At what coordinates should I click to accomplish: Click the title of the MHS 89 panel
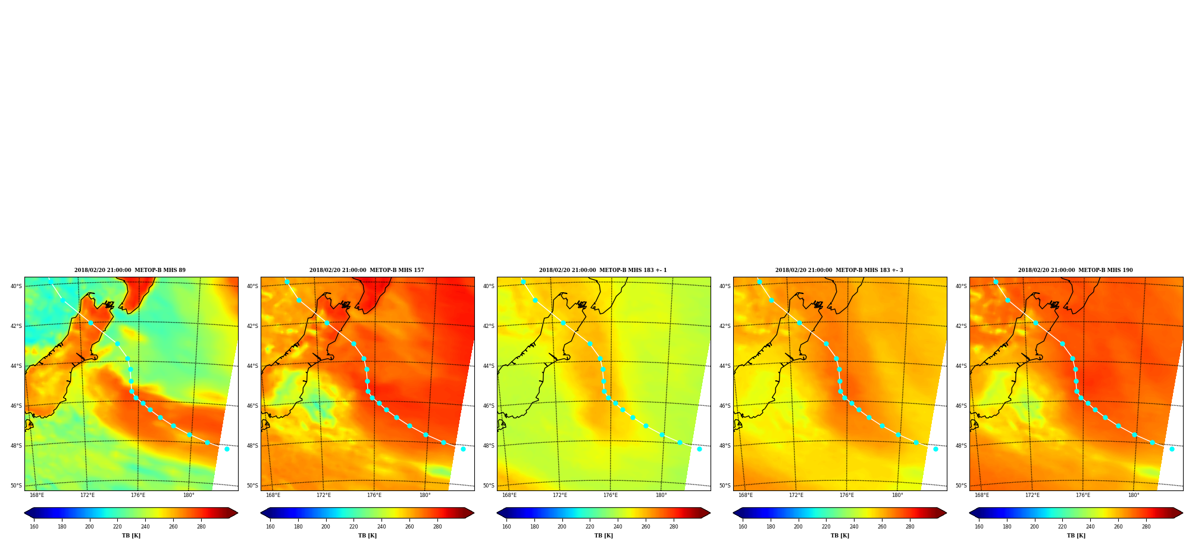pyautogui.click(x=130, y=270)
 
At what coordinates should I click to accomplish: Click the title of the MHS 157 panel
pyautogui.click(x=367, y=270)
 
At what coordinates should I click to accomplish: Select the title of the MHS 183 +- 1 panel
pyautogui.click(x=603, y=270)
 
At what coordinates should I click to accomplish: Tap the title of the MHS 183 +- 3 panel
pyautogui.click(x=839, y=270)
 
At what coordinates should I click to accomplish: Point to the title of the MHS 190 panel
pyautogui.click(x=1075, y=270)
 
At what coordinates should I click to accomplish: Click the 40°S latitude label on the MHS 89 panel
pyautogui.click(x=16, y=286)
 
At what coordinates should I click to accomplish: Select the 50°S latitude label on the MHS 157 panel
pyautogui.click(x=252, y=486)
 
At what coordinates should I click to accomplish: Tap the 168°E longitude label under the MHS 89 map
pyautogui.click(x=37, y=495)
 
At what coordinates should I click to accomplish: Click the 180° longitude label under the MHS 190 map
pyautogui.click(x=1134, y=495)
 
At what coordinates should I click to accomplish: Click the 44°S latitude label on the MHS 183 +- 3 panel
pyautogui.click(x=725, y=366)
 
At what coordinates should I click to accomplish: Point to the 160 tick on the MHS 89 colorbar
pyautogui.click(x=34, y=527)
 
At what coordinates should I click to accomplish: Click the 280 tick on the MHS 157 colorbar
pyautogui.click(x=437, y=527)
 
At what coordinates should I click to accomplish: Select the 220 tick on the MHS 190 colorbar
pyautogui.click(x=1062, y=527)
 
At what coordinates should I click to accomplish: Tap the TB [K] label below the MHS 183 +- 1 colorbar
pyautogui.click(x=603, y=536)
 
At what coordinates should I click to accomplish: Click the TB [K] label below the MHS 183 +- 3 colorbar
pyautogui.click(x=840, y=536)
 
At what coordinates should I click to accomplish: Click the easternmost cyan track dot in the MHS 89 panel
pyautogui.click(x=227, y=449)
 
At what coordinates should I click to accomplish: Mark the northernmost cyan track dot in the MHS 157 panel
pyautogui.click(x=287, y=282)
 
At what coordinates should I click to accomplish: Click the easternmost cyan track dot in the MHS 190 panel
pyautogui.click(x=1172, y=449)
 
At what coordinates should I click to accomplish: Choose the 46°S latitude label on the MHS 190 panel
pyautogui.click(x=961, y=406)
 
